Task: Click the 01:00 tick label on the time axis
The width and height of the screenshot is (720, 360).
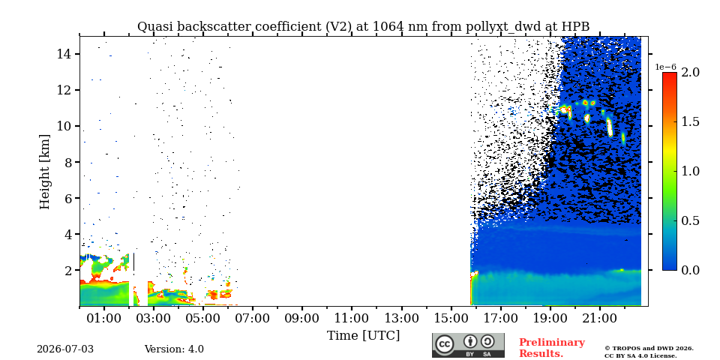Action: [104, 319]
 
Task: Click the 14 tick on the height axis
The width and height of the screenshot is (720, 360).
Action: [62, 54]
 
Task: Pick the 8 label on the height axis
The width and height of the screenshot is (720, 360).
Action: [66, 162]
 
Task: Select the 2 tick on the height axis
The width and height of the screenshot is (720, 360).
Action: [66, 270]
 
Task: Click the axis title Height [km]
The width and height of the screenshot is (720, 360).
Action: [44, 172]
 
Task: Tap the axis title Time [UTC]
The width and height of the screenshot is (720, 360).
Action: [363, 336]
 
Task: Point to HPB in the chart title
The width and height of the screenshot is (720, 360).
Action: [576, 27]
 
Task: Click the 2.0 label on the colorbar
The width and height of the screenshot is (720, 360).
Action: [690, 72]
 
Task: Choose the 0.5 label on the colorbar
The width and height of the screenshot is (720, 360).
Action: [690, 220]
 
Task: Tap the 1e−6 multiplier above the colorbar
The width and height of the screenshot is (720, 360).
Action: [665, 67]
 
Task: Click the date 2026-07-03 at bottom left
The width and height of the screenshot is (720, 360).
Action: [65, 349]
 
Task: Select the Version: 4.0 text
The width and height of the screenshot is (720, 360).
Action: [174, 349]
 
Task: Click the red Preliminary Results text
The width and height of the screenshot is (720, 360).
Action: [552, 348]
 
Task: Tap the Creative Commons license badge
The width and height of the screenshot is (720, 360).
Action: [468, 345]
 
